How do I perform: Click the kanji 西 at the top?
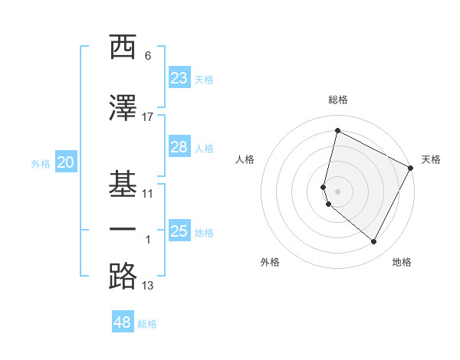click(123, 47)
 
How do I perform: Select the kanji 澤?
click(123, 107)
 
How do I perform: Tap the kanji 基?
click(123, 184)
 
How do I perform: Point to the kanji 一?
click(123, 230)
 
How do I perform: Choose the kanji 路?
click(123, 276)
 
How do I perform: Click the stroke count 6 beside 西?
click(148, 56)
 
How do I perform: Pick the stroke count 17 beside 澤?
click(148, 116)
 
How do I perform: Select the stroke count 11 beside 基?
click(148, 193)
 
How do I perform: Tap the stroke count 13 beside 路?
click(148, 286)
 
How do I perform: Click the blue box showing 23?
click(179, 78)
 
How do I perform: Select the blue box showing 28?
click(179, 147)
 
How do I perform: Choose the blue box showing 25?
click(179, 231)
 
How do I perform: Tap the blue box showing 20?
click(65, 162)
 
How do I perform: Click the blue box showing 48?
click(123, 322)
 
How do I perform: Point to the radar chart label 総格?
click(338, 100)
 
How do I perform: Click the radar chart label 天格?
click(431, 159)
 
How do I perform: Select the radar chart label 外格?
click(270, 262)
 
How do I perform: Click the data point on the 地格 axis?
click(374, 242)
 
